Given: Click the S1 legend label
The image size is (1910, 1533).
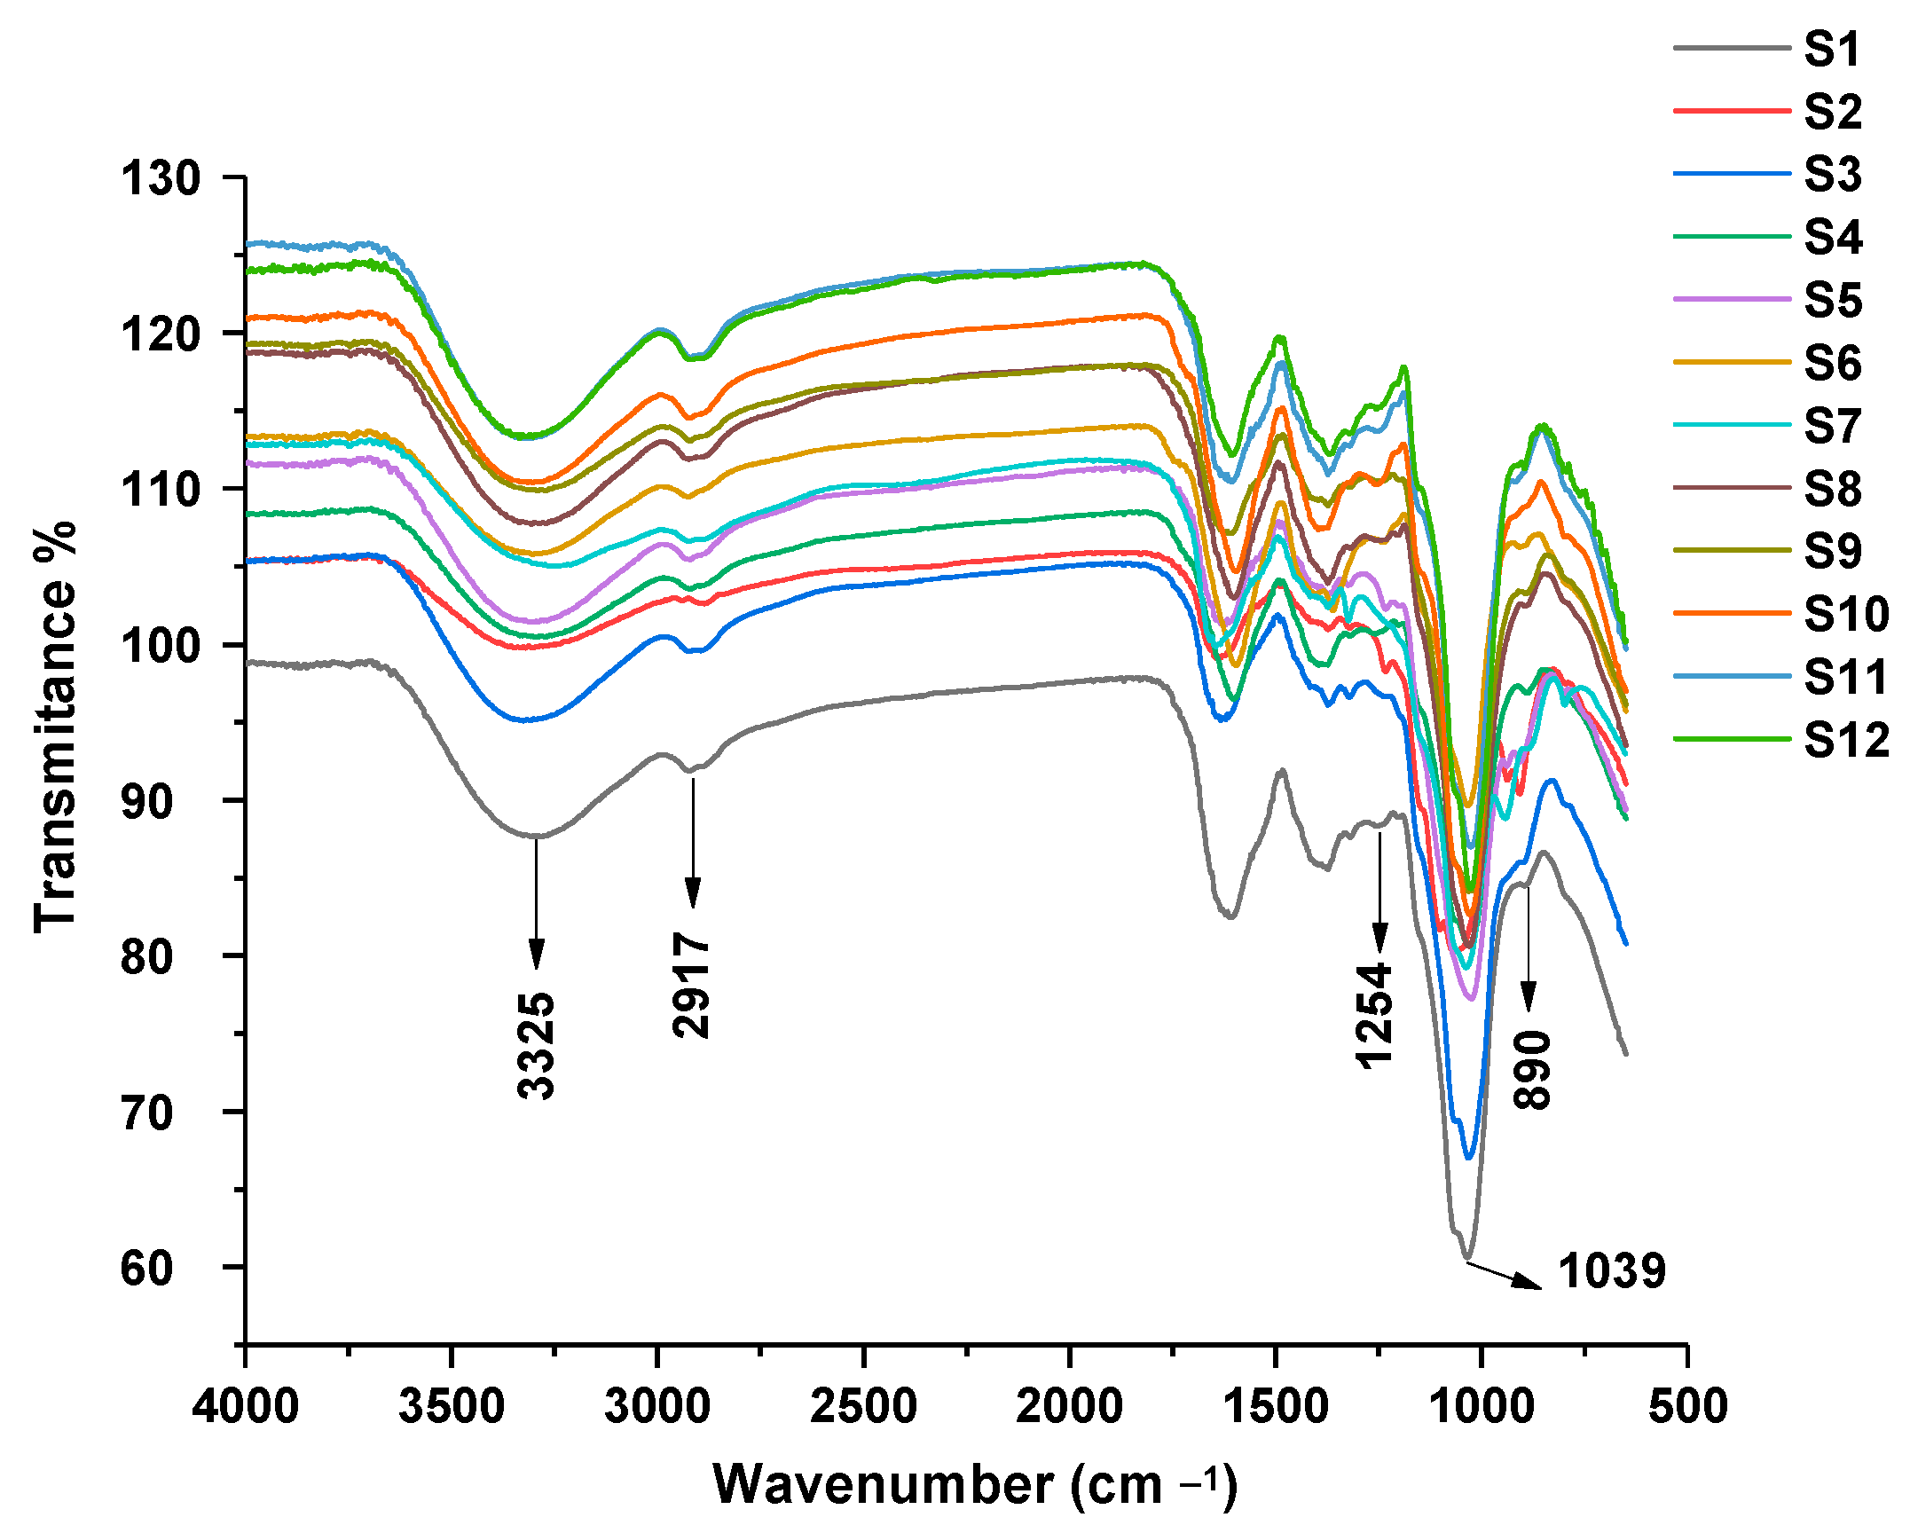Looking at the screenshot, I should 1831,49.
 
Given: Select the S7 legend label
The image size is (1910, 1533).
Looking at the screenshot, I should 1833,427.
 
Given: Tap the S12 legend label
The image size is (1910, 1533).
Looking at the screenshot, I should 1846,741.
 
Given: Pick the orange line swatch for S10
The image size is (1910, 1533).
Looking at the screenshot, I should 1731,613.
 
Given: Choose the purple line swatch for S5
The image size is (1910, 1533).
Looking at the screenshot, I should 1731,300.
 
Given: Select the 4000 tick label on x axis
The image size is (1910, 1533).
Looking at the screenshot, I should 246,1407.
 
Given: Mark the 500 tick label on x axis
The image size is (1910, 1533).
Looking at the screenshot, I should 1687,1407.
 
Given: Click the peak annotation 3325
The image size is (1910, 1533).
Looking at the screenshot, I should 536,1047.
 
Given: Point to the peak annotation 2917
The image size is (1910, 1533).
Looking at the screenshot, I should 692,985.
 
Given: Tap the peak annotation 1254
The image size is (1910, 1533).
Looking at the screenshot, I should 1374,1015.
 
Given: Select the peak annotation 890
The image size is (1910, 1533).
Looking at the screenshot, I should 1532,1070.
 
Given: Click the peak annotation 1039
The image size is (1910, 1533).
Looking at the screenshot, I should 1612,1271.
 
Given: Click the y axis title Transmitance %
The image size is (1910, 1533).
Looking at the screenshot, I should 55,727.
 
